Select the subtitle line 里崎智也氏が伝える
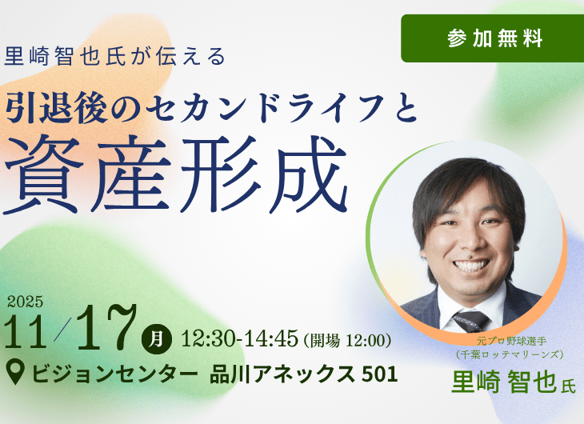pyautogui.click(x=115, y=58)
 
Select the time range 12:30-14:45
pyautogui.click(x=239, y=339)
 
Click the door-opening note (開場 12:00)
pyautogui.click(x=346, y=340)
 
